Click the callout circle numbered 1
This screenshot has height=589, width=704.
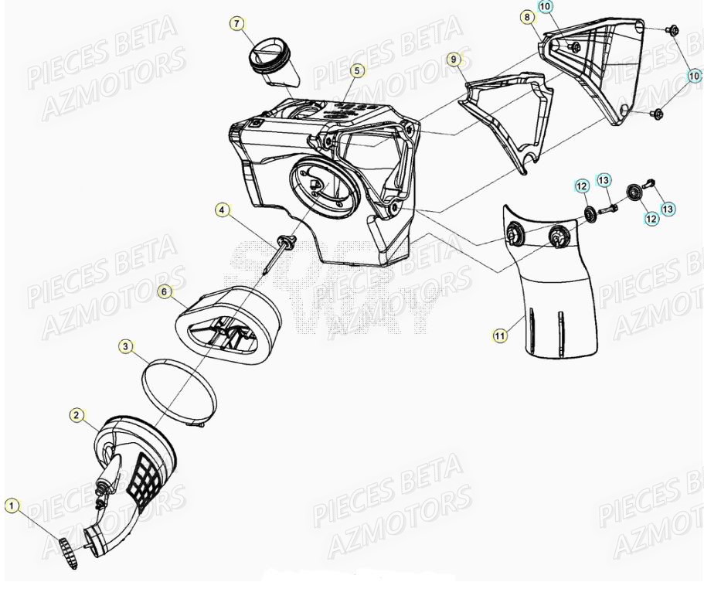click(12, 506)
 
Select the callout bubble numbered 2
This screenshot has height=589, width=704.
click(77, 416)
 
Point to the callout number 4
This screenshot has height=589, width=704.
click(221, 209)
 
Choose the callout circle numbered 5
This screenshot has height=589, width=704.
click(355, 70)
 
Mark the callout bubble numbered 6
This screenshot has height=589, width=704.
click(164, 291)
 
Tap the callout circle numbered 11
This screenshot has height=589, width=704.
click(501, 335)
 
